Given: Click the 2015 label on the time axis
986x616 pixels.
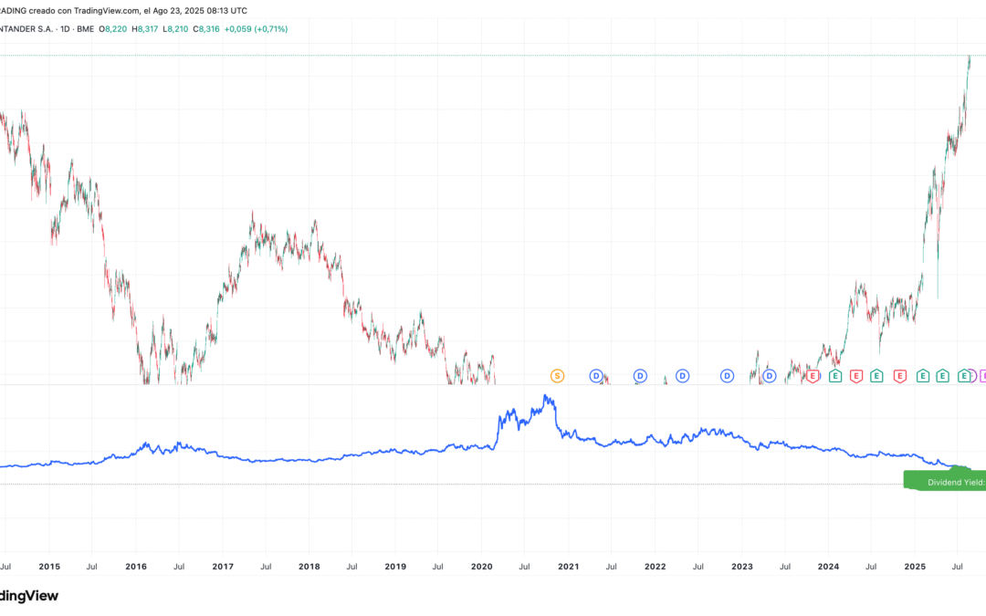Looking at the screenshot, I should click(49, 567).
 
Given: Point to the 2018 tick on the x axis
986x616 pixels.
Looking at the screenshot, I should click(309, 567).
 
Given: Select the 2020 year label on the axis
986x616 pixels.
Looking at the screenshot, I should click(482, 567).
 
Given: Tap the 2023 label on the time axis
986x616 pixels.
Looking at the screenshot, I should click(742, 567).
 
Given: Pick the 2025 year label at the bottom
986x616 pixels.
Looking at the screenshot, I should click(916, 567).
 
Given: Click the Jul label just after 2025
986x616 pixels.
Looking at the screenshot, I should click(958, 567).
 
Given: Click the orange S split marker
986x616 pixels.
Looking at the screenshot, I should click(557, 376).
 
